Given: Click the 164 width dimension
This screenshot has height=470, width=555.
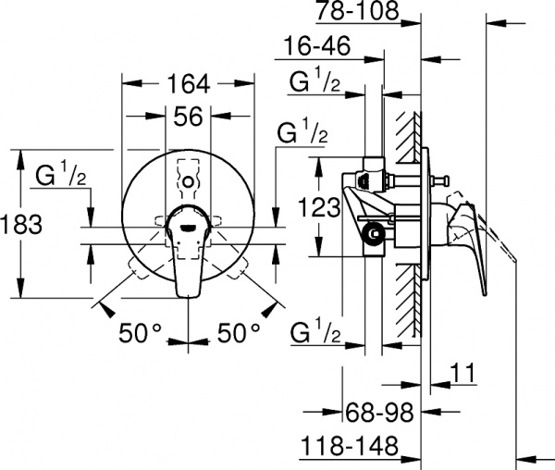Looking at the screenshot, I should click(188, 84).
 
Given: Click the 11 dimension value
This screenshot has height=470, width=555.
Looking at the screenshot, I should click(463, 374).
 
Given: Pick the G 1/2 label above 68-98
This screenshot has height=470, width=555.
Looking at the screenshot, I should click(315, 332).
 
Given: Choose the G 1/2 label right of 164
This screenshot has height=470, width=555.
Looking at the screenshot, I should click(302, 132).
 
